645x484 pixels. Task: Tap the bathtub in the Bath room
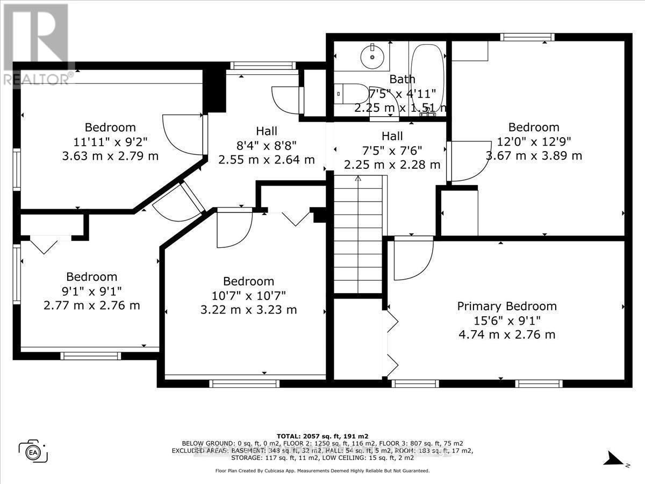427,75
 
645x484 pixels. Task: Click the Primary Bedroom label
507,306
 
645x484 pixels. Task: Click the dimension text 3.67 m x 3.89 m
534,156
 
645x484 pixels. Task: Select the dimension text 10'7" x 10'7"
248,295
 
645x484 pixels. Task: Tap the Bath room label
402,79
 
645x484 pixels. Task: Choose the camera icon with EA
33,450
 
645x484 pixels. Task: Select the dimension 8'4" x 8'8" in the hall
267,145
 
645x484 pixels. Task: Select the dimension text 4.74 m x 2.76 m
507,334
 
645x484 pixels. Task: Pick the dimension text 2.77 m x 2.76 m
92,305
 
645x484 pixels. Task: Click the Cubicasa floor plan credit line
322,471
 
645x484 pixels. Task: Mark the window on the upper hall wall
263,66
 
